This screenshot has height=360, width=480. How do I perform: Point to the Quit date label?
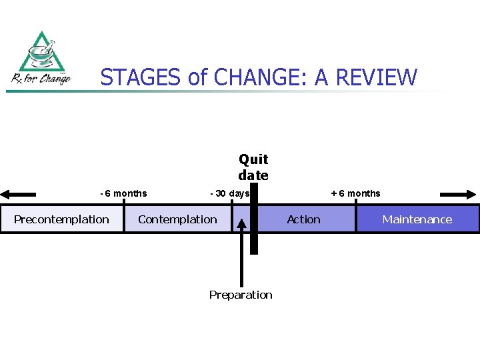[x=253, y=167]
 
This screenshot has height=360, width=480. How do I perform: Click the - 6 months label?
[x=123, y=193]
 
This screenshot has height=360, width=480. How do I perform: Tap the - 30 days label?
[x=229, y=193]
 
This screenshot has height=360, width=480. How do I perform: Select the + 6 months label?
[x=356, y=193]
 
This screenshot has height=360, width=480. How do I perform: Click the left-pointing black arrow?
[x=18, y=195]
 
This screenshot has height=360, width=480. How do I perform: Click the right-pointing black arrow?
[x=459, y=195]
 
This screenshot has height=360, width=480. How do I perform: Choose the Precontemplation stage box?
[x=61, y=219]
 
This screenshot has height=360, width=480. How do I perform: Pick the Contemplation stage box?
[x=177, y=219]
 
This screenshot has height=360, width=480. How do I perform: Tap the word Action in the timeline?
[x=303, y=219]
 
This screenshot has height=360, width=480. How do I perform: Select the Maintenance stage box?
[x=417, y=219]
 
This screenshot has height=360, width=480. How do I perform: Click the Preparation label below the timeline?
[x=241, y=295]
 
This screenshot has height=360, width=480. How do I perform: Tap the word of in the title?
[x=198, y=78]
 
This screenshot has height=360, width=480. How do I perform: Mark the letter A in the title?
[x=321, y=78]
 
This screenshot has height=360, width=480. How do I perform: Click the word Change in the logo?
[x=53, y=79]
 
